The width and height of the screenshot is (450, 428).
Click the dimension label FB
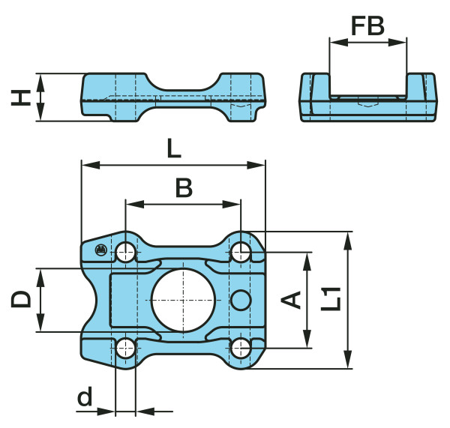pyautogui.click(x=367, y=26)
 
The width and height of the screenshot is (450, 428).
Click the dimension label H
pyautogui.click(x=22, y=97)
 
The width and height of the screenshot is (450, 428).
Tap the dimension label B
pyautogui.click(x=184, y=187)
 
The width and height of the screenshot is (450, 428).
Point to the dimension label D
pyautogui.click(x=22, y=299)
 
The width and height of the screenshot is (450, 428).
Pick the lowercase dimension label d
pyautogui.click(x=85, y=397)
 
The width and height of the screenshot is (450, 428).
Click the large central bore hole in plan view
pyautogui.click(x=183, y=299)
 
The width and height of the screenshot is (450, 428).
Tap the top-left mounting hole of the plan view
pyautogui.click(x=125, y=253)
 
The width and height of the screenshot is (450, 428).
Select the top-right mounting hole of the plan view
pyautogui.click(x=241, y=253)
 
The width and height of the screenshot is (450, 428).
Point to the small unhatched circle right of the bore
pyautogui.click(x=241, y=299)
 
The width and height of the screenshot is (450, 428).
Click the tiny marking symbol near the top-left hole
pyautogui.click(x=101, y=250)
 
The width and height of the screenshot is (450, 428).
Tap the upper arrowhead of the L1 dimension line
pyautogui.click(x=347, y=238)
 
